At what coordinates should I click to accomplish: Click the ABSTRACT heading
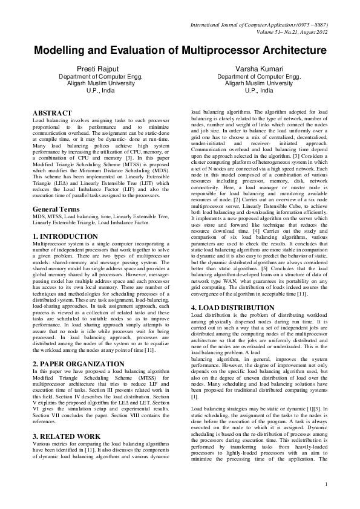pyautogui.click(x=53, y=113)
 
